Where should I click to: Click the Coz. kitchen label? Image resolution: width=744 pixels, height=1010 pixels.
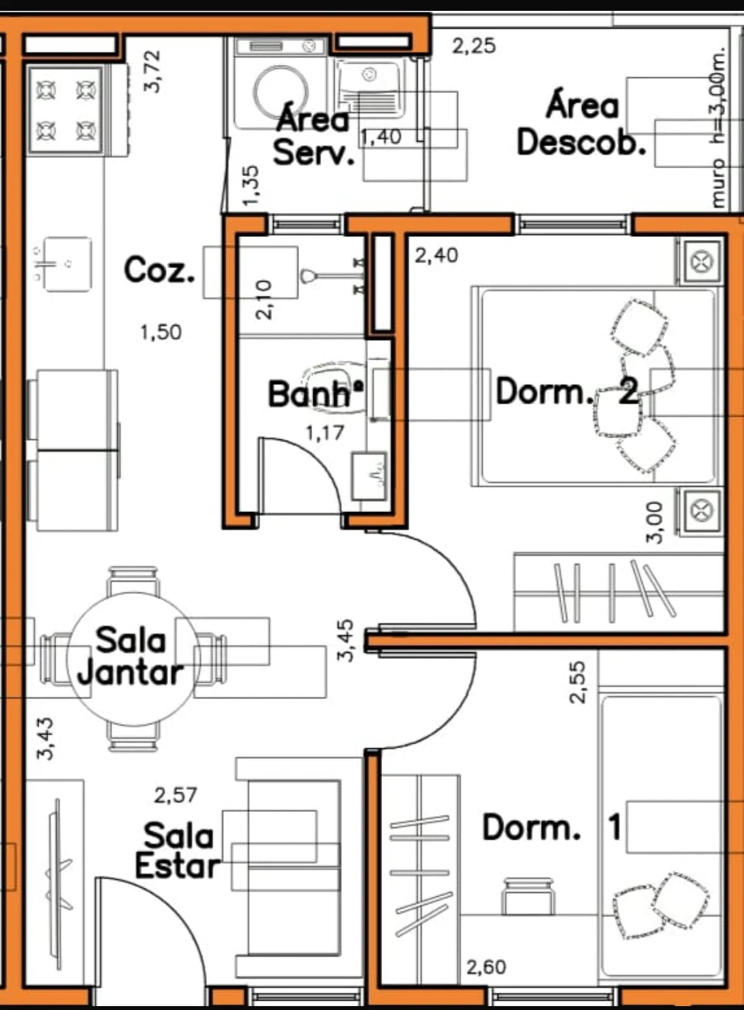160,270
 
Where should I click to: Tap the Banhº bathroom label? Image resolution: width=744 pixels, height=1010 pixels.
316,393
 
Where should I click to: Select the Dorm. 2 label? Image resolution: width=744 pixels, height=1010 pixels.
567,390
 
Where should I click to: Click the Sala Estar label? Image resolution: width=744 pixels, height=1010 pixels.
177,850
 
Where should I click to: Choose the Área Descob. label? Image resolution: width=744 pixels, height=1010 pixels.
582,125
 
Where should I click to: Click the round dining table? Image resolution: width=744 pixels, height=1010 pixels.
134,659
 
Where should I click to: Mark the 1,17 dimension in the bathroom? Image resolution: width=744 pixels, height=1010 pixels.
325,433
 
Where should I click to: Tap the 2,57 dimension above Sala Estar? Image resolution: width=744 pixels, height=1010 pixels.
175,795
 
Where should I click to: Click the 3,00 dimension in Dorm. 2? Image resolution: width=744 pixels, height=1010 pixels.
655,522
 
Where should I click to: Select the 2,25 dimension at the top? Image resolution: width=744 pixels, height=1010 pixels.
474,46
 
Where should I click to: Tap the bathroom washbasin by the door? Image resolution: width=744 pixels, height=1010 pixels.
370,476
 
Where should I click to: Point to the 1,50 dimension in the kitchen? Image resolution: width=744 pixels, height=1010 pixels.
161,332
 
